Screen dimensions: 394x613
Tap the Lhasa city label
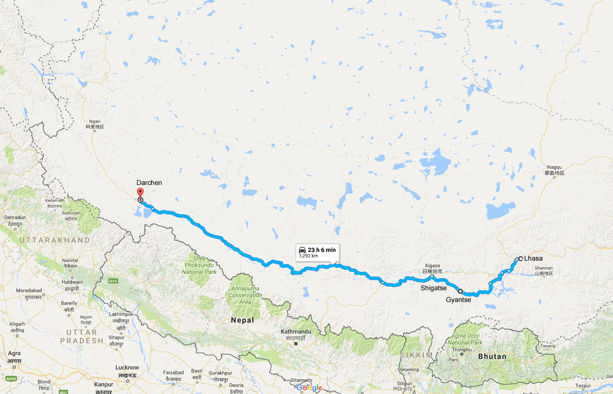(x=533, y=259)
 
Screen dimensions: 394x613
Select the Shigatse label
(x=433, y=288)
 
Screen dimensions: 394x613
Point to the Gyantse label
(x=458, y=299)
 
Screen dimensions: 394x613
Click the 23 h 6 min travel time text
(x=321, y=249)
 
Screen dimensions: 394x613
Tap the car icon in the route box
(x=303, y=249)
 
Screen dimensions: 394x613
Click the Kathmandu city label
(x=296, y=332)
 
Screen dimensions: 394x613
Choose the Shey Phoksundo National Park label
(x=200, y=265)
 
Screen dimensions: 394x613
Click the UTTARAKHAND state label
(x=55, y=240)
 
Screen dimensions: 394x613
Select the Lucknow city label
(x=127, y=367)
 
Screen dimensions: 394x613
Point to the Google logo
(x=309, y=387)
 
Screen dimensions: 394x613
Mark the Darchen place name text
(x=148, y=182)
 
